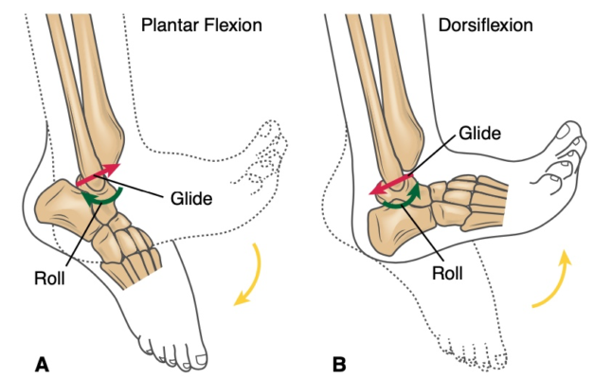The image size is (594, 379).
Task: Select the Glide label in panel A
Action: coord(191,199)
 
